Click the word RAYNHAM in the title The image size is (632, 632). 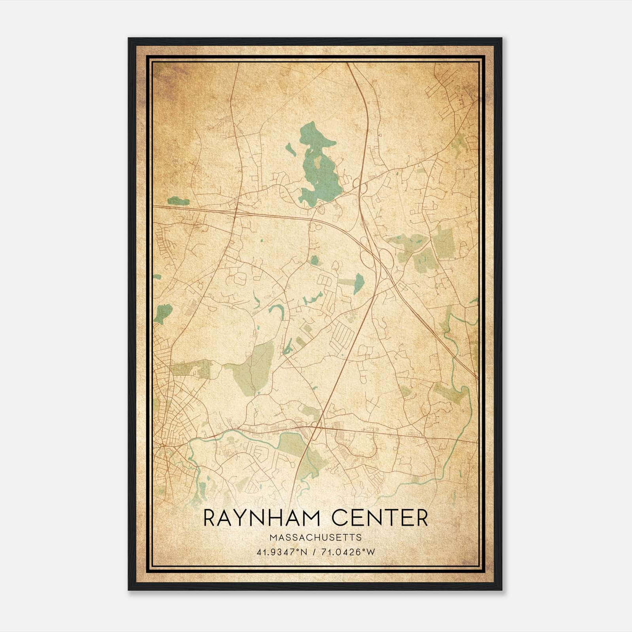tap(261, 518)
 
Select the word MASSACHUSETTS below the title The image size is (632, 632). tap(316, 538)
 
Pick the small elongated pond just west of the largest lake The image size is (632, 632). tap(290, 149)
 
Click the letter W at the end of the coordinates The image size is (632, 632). tap(371, 552)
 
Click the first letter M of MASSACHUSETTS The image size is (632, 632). tap(273, 538)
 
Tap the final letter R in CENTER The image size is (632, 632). tap(422, 518)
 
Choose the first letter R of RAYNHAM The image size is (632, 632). tap(210, 518)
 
